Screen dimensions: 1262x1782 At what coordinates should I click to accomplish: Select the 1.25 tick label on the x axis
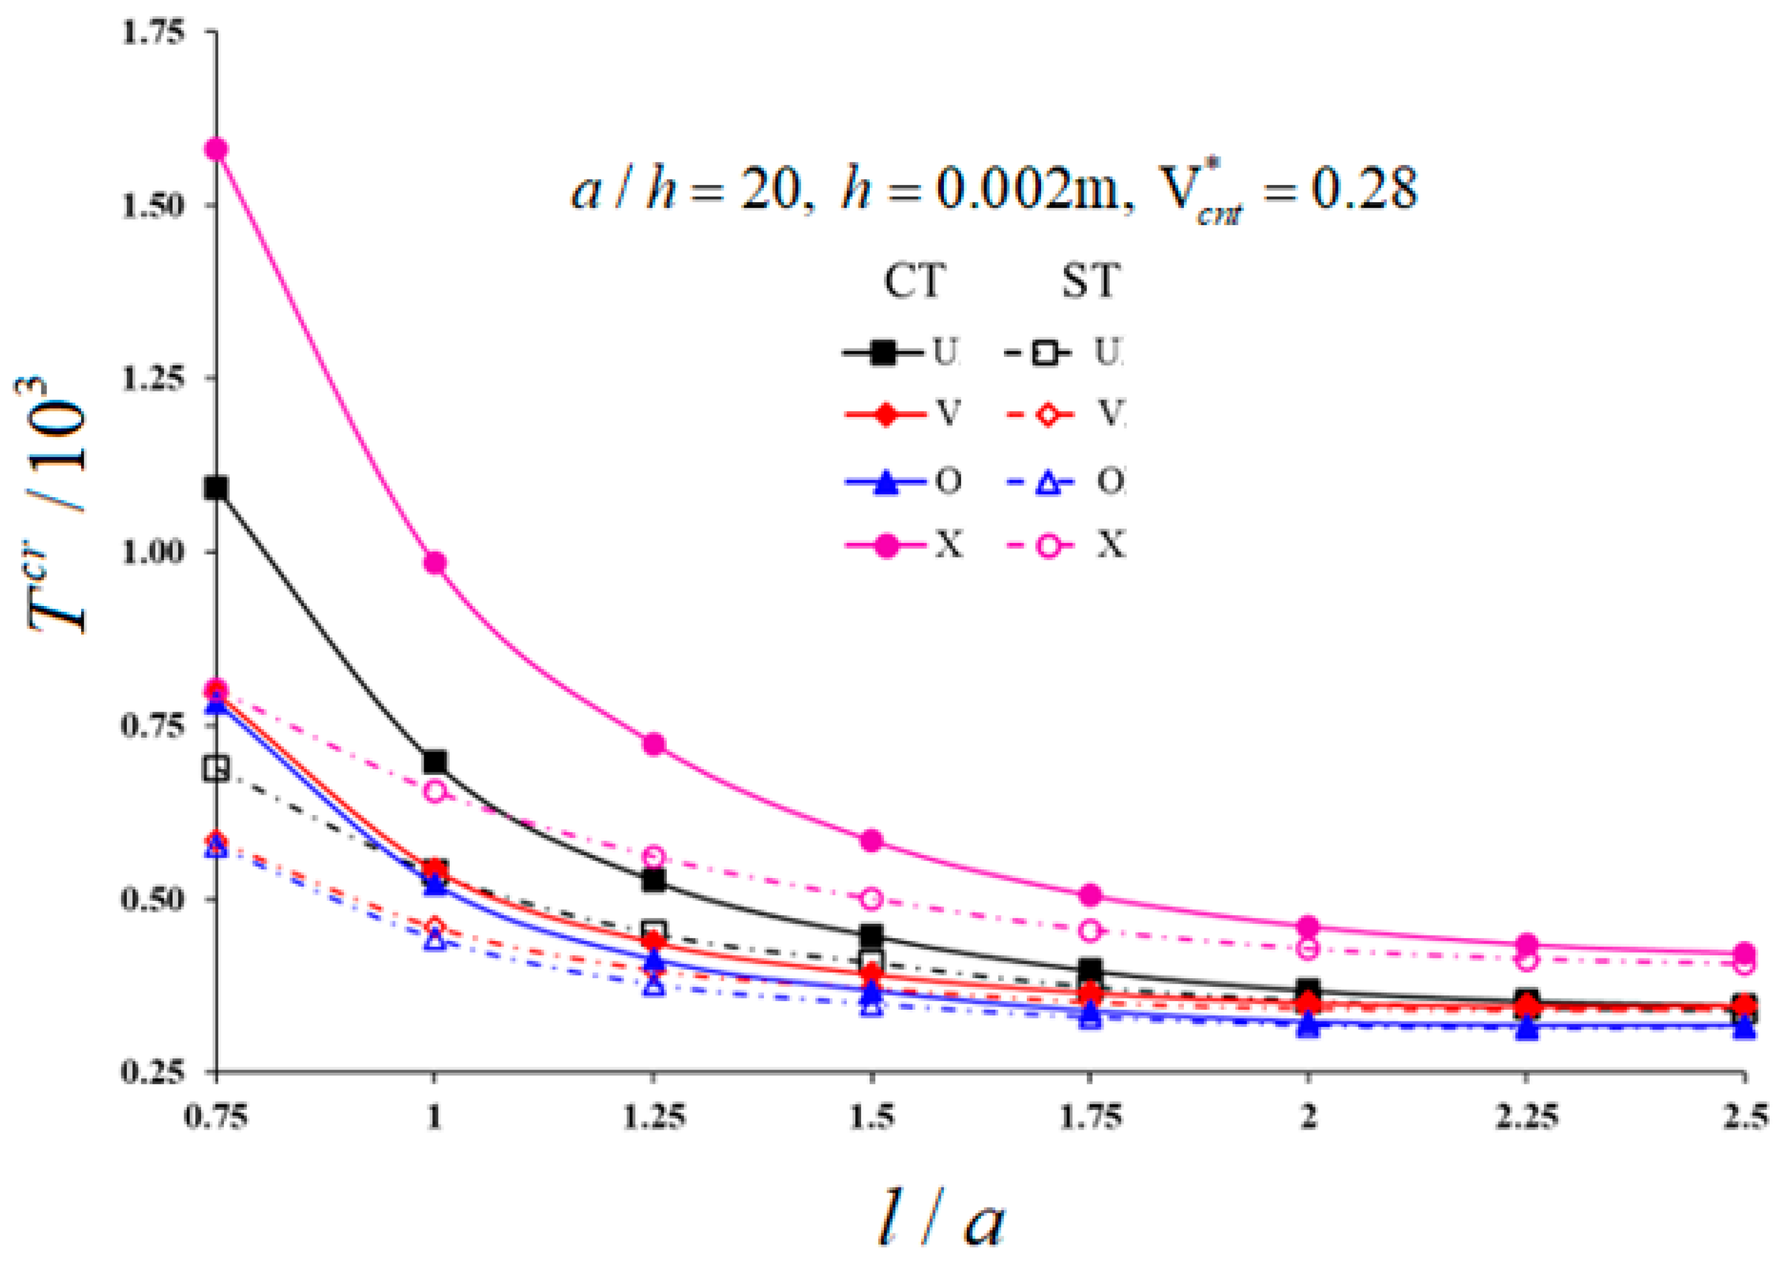click(x=654, y=1117)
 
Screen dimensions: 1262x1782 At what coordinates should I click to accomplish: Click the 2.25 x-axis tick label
click(x=1527, y=1117)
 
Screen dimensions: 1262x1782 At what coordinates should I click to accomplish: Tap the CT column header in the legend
click(x=915, y=281)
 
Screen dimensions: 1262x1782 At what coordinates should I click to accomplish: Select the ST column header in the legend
click(x=1090, y=281)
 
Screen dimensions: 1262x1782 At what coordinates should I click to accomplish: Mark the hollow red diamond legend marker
click(x=1048, y=415)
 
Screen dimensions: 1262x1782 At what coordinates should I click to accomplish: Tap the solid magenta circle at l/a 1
click(x=435, y=563)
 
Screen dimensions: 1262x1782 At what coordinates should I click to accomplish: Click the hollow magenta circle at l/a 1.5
click(x=872, y=899)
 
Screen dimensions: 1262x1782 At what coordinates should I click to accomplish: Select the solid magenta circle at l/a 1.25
click(x=654, y=744)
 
